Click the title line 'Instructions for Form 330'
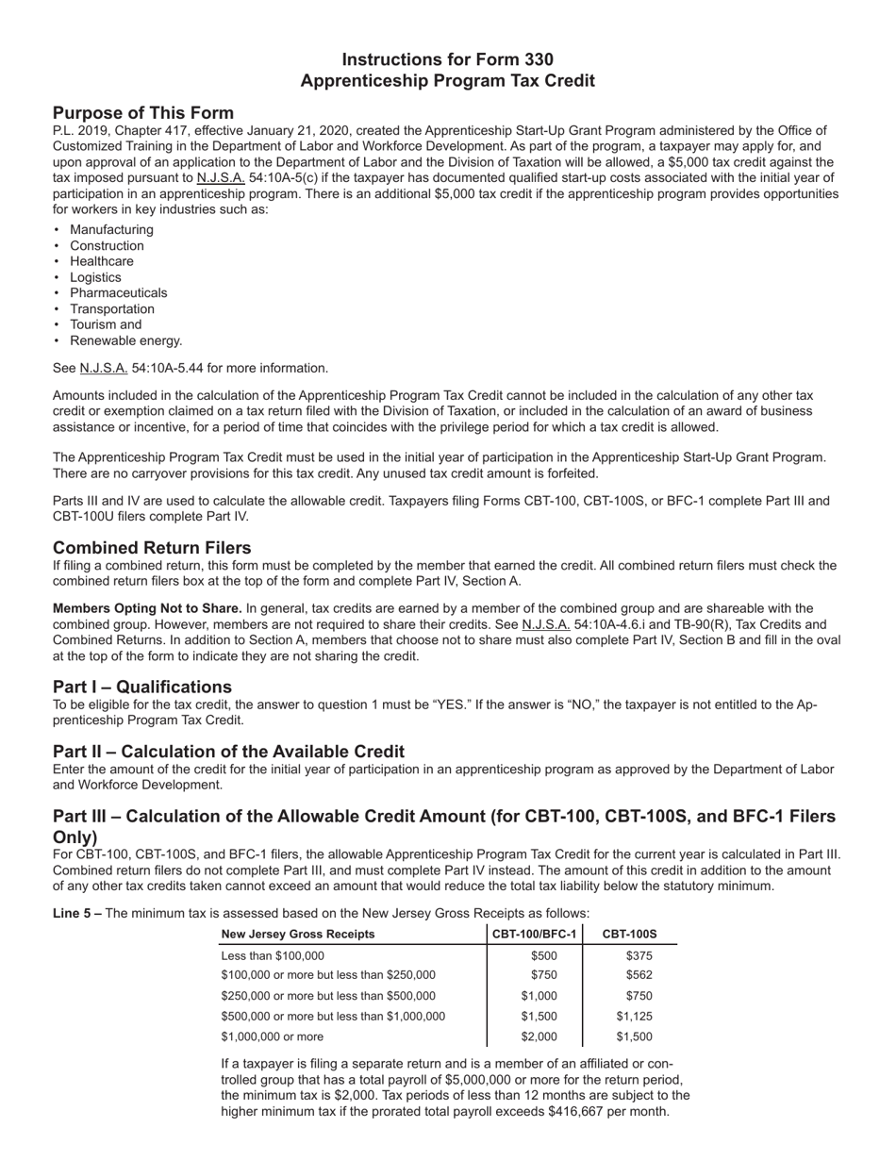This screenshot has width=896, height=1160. [447, 58]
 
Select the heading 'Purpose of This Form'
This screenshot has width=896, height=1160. [143, 113]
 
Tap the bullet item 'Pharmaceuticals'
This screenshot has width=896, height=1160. [118, 293]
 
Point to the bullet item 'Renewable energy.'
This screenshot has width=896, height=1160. [126, 340]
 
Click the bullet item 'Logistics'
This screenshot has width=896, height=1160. [95, 277]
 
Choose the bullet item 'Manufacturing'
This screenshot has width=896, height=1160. [111, 230]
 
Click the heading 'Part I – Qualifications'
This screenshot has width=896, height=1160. [142, 687]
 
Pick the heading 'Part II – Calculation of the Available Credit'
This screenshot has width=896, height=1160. [228, 752]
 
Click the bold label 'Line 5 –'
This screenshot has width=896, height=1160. [77, 913]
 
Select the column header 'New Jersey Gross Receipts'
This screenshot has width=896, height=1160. [297, 935]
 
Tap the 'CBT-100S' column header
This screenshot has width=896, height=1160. [629, 935]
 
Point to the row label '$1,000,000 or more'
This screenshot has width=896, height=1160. [272, 1036]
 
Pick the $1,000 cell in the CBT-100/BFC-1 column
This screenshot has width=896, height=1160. [539, 996]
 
